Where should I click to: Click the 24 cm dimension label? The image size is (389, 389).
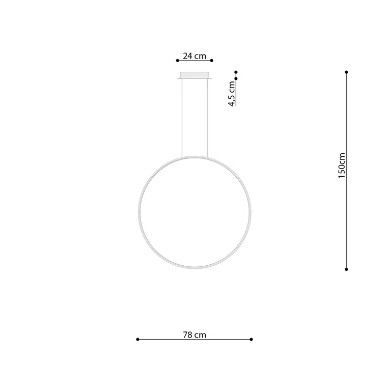tap(194, 56)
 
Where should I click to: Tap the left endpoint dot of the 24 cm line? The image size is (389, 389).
tap(178, 61)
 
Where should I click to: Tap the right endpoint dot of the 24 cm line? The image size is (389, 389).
tap(212, 61)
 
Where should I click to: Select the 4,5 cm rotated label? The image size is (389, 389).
tap(232, 93)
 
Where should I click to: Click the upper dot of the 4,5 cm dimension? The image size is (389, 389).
tap(236, 72)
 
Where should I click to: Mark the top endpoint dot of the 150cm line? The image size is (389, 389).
tap(346, 72)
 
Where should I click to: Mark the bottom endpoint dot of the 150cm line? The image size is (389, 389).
tap(346, 269)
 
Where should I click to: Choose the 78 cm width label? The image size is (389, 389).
tap(194, 335)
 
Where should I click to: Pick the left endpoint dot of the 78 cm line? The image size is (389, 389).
tap(138, 339)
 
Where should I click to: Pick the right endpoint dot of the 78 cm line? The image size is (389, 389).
tap(252, 339)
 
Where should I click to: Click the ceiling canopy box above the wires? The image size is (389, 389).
tap(195, 76)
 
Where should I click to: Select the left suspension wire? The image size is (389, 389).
tap(182, 117)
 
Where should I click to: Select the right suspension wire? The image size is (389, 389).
tap(208, 117)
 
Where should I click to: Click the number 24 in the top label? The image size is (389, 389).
tap(187, 56)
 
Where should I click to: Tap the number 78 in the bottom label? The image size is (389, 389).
tap(187, 335)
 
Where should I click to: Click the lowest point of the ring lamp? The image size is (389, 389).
tap(195, 267)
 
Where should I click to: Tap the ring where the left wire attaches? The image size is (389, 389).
tap(182, 157)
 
